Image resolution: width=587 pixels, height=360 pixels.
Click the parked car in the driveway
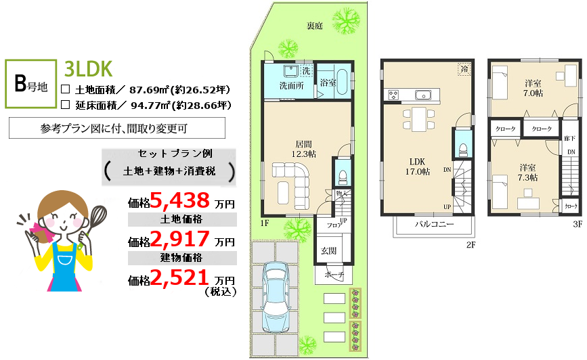tap(276, 297)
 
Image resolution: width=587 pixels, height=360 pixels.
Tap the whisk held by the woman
tap(96, 217)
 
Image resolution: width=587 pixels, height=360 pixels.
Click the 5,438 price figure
tap(180, 200)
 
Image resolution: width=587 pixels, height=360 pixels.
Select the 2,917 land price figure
tap(180, 239)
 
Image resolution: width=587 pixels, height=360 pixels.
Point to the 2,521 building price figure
tap(179, 277)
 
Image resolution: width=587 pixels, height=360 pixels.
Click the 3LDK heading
tap(88, 68)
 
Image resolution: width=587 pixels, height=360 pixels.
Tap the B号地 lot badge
tap(30, 84)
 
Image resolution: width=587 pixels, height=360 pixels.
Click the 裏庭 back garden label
tap(314, 26)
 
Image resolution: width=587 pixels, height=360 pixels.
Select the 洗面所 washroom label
tap(291, 86)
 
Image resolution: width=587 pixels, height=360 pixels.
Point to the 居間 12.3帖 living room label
tap(303, 149)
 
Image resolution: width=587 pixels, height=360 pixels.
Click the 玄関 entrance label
tap(328, 251)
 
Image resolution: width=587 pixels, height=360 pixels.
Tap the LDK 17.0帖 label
tap(418, 166)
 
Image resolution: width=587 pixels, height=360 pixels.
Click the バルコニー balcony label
tap(434, 225)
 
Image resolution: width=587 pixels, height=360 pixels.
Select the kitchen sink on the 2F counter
tap(422, 95)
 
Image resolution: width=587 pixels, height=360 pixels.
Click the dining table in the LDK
tap(418, 119)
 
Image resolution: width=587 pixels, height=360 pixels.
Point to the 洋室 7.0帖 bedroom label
tap(533, 89)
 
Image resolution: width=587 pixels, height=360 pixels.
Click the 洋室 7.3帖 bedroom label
tap(527, 173)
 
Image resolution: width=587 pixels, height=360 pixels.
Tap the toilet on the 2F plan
tap(463, 150)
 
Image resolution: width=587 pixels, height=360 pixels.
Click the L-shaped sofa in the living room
tap(295, 183)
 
